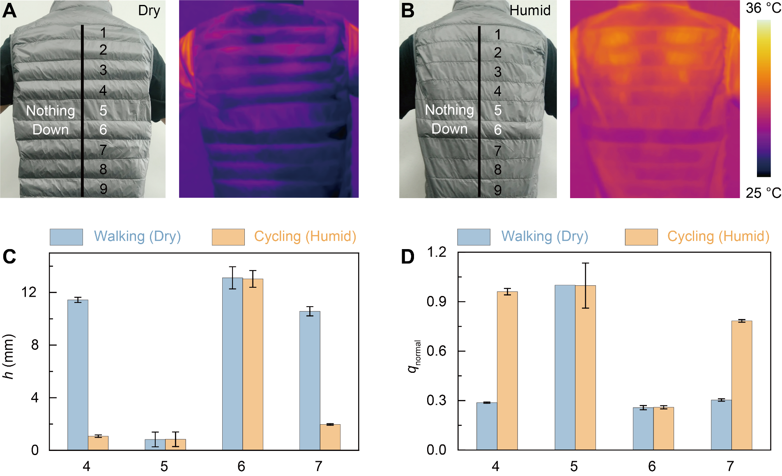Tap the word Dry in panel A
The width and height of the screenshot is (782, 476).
149,11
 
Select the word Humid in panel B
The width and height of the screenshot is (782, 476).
530,10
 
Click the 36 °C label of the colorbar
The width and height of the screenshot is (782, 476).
763,8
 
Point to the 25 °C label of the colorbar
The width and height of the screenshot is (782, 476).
763,193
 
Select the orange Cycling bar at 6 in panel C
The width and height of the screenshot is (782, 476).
253,364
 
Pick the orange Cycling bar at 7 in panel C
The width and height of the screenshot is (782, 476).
330,437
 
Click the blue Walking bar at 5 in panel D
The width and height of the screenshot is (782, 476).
565,367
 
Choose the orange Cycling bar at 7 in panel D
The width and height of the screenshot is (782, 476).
742,385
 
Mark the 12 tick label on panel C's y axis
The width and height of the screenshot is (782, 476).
29,292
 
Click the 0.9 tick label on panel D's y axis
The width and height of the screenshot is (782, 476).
436,302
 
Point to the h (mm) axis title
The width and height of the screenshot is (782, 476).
9,356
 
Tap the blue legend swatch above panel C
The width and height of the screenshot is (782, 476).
66,237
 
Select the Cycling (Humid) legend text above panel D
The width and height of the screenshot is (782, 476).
718,236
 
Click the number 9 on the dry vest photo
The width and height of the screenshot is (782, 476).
103,189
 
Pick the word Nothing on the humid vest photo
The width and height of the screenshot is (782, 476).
449,110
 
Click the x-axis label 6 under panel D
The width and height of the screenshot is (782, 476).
652,466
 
